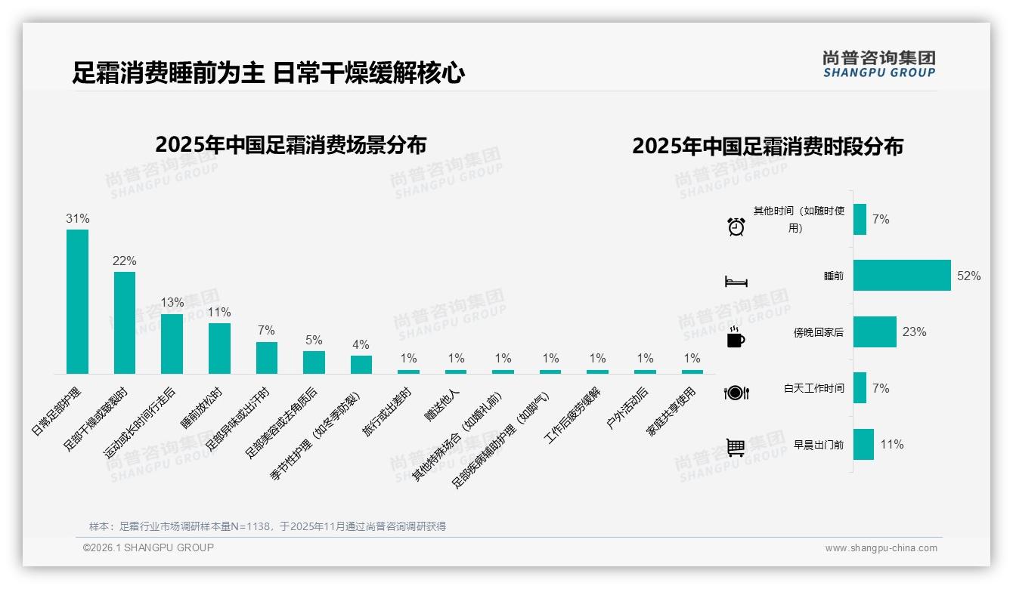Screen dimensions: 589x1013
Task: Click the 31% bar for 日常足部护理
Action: pyautogui.click(x=77, y=302)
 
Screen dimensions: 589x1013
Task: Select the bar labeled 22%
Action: pyautogui.click(x=125, y=323)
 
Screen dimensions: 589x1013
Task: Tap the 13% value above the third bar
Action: pyautogui.click(x=172, y=303)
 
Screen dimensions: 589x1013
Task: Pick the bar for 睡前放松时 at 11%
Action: pyautogui.click(x=219, y=348)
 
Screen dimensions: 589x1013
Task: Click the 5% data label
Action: pyautogui.click(x=314, y=341)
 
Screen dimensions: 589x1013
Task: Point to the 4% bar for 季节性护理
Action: pyautogui.click(x=361, y=365)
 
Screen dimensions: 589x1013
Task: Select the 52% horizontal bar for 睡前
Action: pyautogui.click(x=902, y=276)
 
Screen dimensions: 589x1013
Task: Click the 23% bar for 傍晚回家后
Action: pyautogui.click(x=875, y=332)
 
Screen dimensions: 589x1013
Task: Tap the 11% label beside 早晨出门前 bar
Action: pyautogui.click(x=891, y=445)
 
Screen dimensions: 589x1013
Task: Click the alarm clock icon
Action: pyautogui.click(x=736, y=227)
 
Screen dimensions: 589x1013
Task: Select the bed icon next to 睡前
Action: pyautogui.click(x=736, y=282)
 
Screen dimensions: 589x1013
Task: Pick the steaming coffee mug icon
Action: pyautogui.click(x=736, y=338)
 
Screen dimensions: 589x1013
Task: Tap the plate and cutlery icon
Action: pyautogui.click(x=736, y=393)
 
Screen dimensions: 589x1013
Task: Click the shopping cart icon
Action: pyautogui.click(x=736, y=448)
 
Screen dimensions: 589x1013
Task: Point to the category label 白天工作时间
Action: pyautogui.click(x=813, y=389)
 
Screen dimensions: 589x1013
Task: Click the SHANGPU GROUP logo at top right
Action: pyautogui.click(x=878, y=64)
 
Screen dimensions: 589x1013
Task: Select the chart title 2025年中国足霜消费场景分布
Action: pyautogui.click(x=290, y=145)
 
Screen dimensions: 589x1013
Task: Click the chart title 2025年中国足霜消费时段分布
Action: pyautogui.click(x=767, y=146)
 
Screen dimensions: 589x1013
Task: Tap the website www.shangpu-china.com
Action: pyautogui.click(x=881, y=548)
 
